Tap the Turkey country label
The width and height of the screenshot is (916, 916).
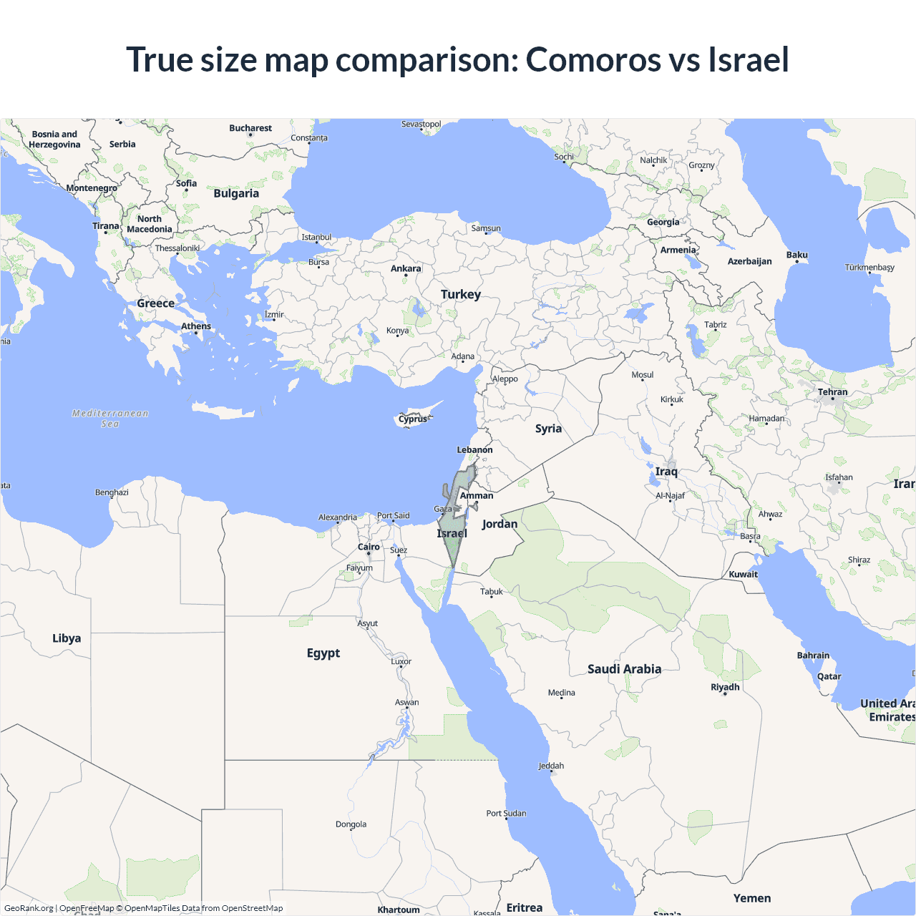461,294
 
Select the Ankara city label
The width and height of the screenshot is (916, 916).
406,268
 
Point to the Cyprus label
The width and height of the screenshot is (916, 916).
413,419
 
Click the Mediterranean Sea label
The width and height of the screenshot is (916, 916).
110,419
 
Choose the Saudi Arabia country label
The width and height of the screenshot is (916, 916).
624,669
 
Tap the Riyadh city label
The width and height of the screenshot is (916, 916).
725,687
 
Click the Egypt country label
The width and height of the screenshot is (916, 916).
323,653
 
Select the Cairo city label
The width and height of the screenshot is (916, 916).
369,547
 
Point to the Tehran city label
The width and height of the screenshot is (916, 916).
832,392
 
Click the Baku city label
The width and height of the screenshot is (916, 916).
796,255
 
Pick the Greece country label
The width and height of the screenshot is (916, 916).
155,303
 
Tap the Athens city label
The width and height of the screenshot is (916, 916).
196,326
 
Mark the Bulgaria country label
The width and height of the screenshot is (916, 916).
236,193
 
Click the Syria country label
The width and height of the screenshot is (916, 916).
548,429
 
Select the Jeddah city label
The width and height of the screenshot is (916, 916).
551,766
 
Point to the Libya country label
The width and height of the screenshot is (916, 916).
67,638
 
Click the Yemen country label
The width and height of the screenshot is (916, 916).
752,898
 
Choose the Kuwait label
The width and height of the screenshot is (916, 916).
743,574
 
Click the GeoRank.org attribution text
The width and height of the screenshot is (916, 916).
29,908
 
